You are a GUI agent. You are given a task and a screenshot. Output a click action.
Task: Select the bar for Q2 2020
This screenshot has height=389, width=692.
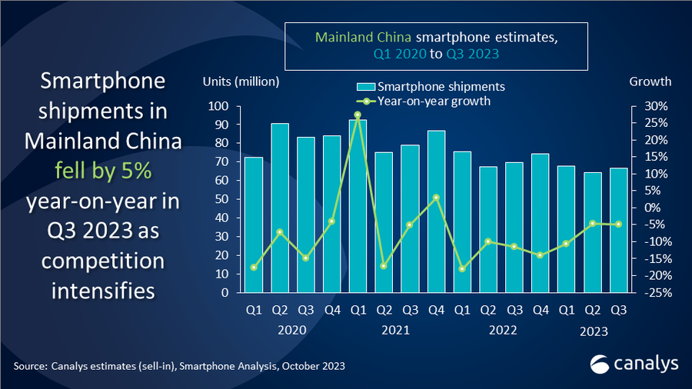[x=280, y=208]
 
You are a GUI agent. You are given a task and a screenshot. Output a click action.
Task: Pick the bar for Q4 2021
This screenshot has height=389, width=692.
[x=435, y=211]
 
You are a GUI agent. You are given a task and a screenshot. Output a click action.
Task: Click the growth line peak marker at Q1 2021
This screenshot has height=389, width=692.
[x=358, y=115]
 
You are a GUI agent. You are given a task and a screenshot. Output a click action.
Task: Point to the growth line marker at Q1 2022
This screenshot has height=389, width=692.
[x=461, y=269]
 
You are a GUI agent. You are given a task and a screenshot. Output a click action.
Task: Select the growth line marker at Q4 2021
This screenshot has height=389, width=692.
[x=435, y=198]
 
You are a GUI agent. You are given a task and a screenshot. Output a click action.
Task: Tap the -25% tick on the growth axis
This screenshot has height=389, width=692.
[x=650, y=293]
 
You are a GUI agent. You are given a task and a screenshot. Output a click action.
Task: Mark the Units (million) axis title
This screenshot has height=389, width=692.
[x=241, y=81]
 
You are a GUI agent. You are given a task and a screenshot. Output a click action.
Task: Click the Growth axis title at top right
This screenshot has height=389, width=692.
[x=650, y=81]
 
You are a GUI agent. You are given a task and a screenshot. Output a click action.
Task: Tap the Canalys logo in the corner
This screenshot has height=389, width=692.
[x=623, y=364]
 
